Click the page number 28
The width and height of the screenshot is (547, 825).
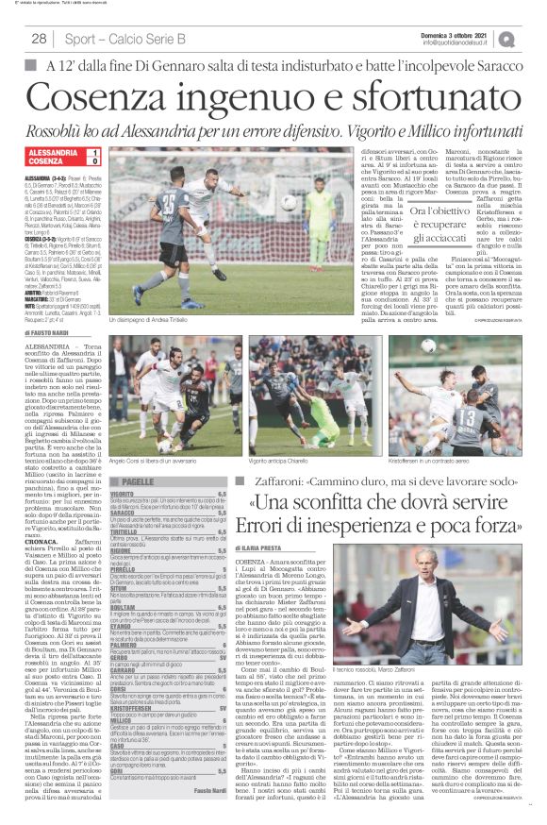coord(40,39)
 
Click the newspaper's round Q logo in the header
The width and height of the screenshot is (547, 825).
coord(534,39)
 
